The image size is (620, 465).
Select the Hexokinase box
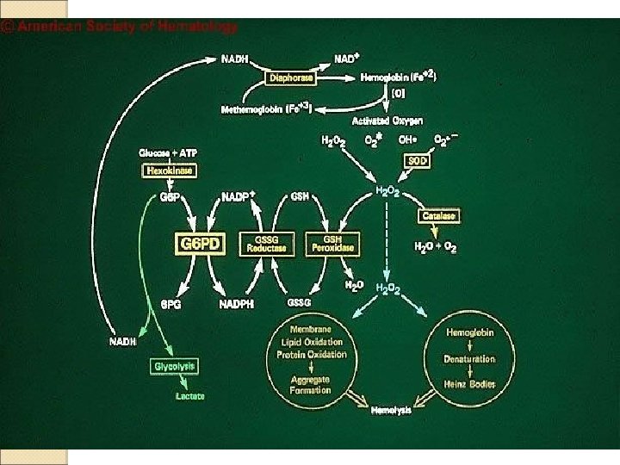pyautogui.click(x=169, y=170)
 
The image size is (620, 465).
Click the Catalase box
pyautogui.click(x=437, y=215)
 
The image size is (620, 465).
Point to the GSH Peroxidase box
pyautogui.click(x=333, y=245)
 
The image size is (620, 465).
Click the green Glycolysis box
pyautogui.click(x=175, y=366)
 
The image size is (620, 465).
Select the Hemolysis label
pyautogui.click(x=391, y=410)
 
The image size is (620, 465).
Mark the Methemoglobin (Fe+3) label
pyautogui.click(x=266, y=109)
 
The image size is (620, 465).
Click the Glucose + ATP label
pyautogui.click(x=168, y=152)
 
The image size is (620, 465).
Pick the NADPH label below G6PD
pyautogui.click(x=236, y=304)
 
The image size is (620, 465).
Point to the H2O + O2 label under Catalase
pyautogui.click(x=436, y=248)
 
